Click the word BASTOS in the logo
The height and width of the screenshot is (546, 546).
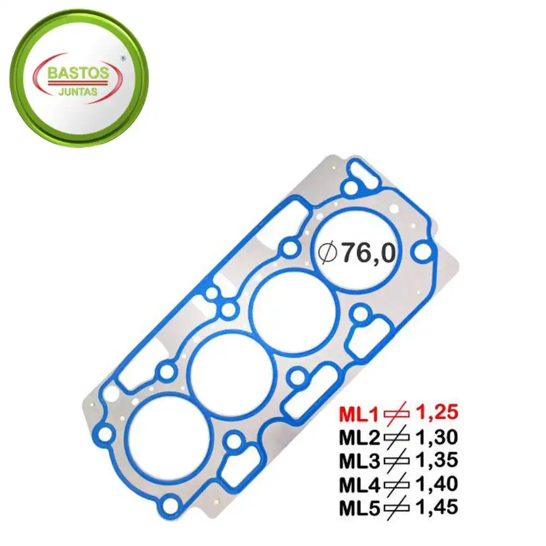point(79,73)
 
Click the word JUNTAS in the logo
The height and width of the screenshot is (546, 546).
point(79,92)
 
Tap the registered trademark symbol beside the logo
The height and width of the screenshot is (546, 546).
point(122,57)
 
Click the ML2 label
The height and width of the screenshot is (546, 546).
point(360,438)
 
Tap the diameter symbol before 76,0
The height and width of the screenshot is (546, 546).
point(329,252)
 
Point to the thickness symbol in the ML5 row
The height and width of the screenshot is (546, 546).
point(398,508)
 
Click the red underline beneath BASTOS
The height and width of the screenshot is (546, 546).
point(79,82)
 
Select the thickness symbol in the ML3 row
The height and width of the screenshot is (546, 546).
point(398,461)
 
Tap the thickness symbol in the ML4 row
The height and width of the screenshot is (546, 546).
point(398,485)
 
